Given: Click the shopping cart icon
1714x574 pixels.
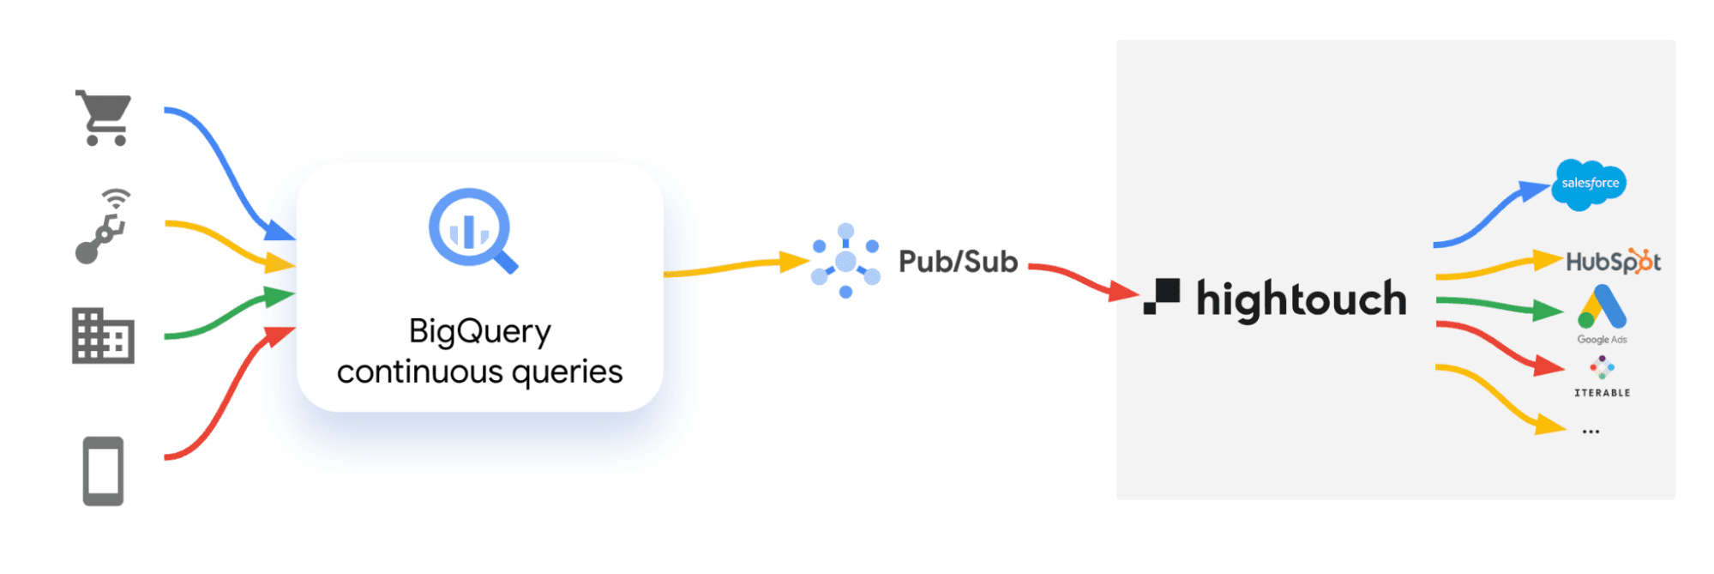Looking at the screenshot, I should (104, 118).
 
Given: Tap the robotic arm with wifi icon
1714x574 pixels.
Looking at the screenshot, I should (103, 227).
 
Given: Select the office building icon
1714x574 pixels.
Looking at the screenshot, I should (103, 335).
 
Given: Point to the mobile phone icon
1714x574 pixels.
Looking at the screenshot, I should (103, 471).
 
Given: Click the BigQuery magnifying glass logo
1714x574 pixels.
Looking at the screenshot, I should (472, 230).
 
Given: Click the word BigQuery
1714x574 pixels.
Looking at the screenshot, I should (479, 331).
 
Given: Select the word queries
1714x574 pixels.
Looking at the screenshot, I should (567, 372).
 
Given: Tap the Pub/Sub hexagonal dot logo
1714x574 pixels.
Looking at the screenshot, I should (845, 262).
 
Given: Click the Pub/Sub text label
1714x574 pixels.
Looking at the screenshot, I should (958, 262).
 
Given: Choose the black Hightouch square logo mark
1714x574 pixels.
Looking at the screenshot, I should (1162, 296).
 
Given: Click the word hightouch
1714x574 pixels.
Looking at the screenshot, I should (1301, 299).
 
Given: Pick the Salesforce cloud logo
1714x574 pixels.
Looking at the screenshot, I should (1589, 184).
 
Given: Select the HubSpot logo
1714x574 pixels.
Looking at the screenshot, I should (1613, 261).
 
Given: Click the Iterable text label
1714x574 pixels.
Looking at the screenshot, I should (1602, 392).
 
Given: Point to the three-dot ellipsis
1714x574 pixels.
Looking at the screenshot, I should (1591, 432).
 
